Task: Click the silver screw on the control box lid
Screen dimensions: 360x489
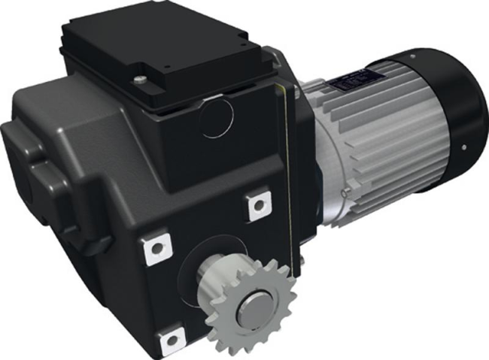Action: (x=141, y=77)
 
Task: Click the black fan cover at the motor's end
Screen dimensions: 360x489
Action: (x=451, y=105)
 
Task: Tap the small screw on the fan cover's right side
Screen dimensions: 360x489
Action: (x=467, y=147)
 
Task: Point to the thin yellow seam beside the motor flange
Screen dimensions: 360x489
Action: (x=287, y=150)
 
